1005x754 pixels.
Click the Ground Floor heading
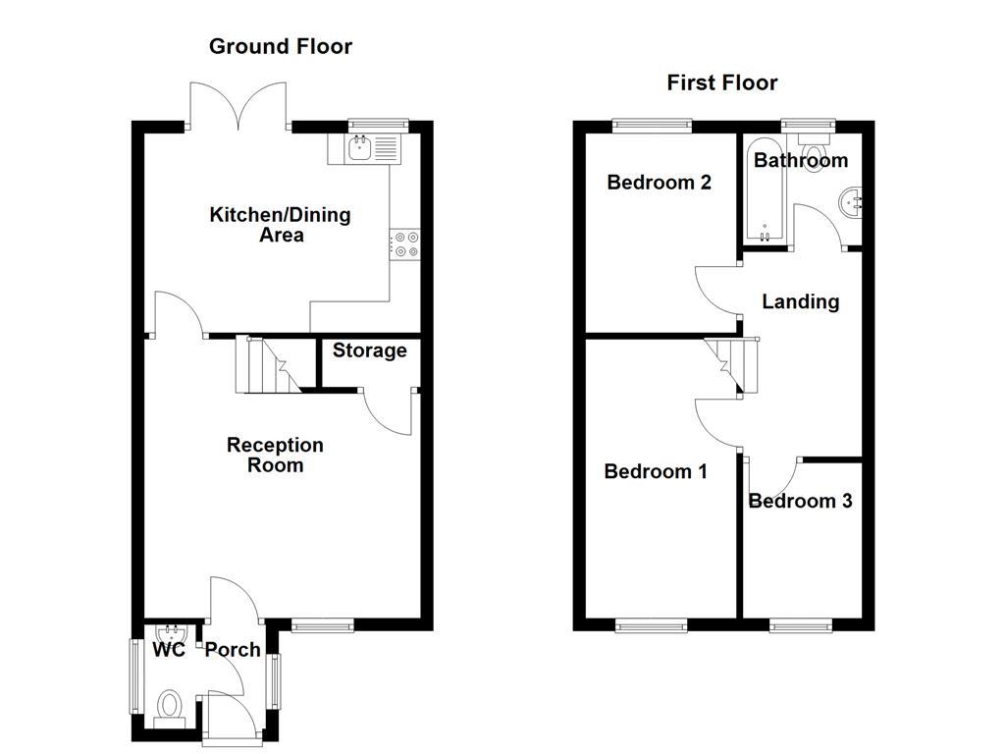tap(281, 46)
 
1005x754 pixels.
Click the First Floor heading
tap(721, 82)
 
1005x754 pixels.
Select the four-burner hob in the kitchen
tap(404, 243)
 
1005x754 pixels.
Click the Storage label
tap(369, 350)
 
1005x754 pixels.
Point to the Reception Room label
tap(275, 455)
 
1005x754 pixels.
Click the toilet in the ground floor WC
tap(170, 706)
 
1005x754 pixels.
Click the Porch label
tap(233, 650)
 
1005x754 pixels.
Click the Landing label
tap(800, 301)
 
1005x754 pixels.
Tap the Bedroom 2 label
tap(659, 183)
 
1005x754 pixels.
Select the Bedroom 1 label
tap(656, 471)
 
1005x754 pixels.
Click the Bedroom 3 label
tap(800, 501)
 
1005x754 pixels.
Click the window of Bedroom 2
tap(651, 125)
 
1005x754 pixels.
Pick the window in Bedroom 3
tap(801, 625)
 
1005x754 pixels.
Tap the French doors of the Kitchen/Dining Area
tap(238, 108)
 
